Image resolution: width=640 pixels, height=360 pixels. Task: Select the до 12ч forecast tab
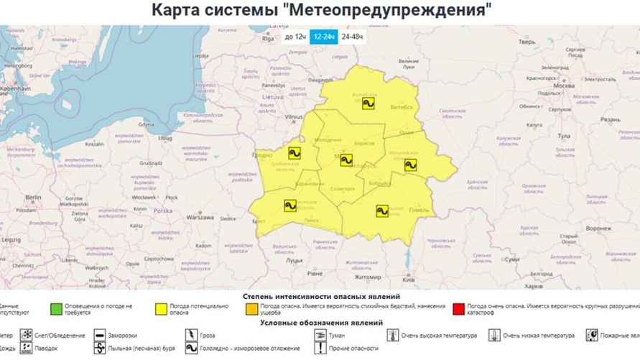click(295, 37)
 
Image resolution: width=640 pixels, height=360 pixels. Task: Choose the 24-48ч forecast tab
click(353, 37)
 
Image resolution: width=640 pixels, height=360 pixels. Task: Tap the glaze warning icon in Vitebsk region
click(368, 103)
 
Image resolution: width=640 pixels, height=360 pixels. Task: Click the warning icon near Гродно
click(295, 152)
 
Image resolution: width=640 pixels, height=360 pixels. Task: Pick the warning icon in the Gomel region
click(382, 211)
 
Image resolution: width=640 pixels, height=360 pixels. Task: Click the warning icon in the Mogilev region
click(410, 165)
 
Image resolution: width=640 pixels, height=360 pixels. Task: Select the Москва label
click(565, 86)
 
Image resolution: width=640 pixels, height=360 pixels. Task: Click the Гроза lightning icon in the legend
click(192, 336)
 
